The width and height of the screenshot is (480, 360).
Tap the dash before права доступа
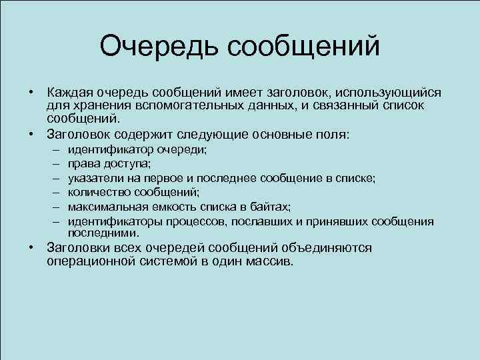(53, 163)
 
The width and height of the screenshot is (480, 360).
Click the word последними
(103, 233)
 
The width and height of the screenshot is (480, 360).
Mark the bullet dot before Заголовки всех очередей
(32, 248)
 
